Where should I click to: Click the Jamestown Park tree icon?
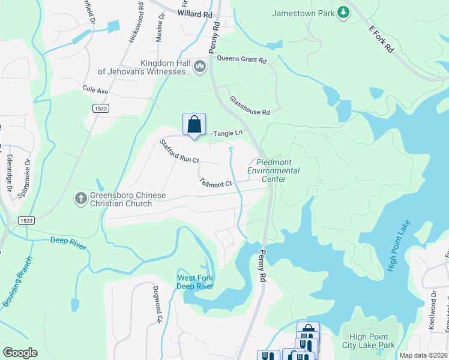click(x=343, y=13)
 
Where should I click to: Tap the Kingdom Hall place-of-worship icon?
click(x=200, y=65)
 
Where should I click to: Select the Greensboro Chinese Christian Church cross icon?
click(x=81, y=197)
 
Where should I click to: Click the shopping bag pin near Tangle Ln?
click(x=194, y=125)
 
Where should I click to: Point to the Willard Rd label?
click(x=195, y=12)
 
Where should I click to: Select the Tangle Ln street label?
click(x=228, y=133)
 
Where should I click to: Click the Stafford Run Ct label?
click(x=179, y=152)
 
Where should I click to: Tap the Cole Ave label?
click(x=95, y=90)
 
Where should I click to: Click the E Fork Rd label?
click(x=381, y=40)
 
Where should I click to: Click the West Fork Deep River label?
click(x=195, y=281)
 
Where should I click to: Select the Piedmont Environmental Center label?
click(x=278, y=170)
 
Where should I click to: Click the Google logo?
click(x=20, y=353)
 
